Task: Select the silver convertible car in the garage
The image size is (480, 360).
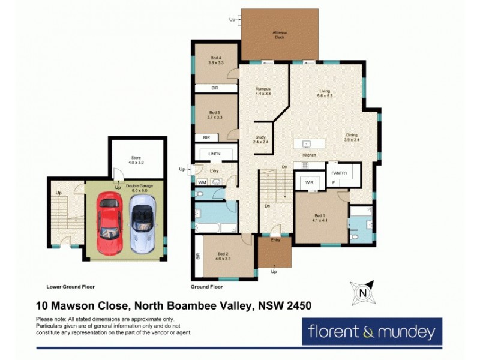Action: tap(142, 221)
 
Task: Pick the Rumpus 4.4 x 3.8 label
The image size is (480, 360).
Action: tap(263, 91)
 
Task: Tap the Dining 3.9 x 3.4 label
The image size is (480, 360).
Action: tap(352, 137)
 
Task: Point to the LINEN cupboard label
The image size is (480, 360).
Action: tap(215, 154)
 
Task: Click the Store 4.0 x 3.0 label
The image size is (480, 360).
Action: tap(136, 160)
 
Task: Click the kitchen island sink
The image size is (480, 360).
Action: tap(306, 144)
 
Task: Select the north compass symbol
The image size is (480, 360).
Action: tap(363, 292)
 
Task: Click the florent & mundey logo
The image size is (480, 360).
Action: tap(372, 331)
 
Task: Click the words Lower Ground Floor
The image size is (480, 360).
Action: tap(70, 287)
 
